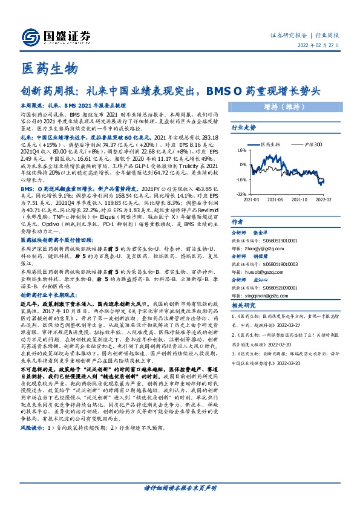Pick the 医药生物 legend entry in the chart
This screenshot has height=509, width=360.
(x=272, y=144)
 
